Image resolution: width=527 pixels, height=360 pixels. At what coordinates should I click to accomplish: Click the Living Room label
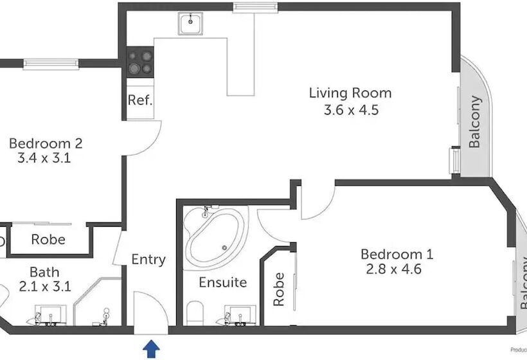[x=350, y=93]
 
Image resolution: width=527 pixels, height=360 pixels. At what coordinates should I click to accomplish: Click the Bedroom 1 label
[x=397, y=254]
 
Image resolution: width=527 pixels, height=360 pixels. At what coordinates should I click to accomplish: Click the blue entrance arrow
[x=151, y=349]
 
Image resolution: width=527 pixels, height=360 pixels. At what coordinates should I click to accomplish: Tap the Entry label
[x=148, y=260]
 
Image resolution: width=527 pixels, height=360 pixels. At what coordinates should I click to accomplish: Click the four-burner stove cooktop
[x=140, y=62]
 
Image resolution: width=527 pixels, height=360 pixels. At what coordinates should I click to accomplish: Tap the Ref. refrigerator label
[x=139, y=100]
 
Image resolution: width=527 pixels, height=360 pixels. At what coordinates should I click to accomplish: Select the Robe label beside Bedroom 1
[x=278, y=289]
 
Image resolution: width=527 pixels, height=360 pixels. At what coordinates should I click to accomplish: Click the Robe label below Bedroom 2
[x=48, y=240]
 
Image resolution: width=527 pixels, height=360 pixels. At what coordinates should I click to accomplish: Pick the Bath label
[x=44, y=273]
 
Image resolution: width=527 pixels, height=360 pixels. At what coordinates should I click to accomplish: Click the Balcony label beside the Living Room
[x=475, y=122]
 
